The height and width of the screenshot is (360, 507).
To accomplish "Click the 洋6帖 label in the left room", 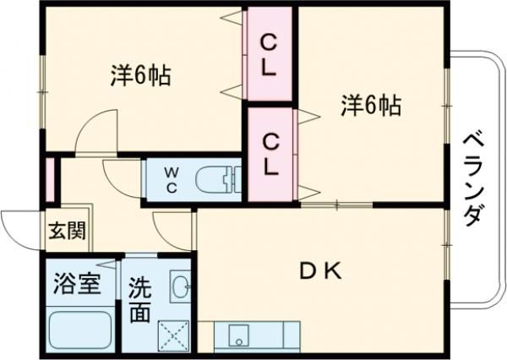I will coord(140,76).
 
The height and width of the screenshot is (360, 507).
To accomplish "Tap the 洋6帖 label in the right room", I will coord(371,106).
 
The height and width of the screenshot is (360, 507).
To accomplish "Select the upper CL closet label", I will coord(269,53).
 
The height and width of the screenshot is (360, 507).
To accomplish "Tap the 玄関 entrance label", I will coord(65,231).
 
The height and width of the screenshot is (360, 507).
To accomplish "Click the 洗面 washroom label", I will coord(140,300).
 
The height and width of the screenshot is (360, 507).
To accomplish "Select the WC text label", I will coord(171,178).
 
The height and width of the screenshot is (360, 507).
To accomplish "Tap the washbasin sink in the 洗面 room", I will coord(180,288).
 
